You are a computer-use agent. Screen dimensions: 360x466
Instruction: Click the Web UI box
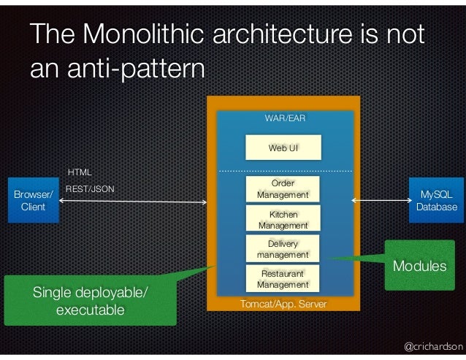point(283,148)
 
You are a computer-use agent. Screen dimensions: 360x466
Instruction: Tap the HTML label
point(80,172)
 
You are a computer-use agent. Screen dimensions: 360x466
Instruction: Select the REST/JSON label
point(90,188)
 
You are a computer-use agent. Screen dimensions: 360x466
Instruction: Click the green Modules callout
point(419,266)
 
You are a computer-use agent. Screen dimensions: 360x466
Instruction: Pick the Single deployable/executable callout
point(90,302)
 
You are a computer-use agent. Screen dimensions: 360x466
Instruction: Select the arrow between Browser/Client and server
point(131,199)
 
